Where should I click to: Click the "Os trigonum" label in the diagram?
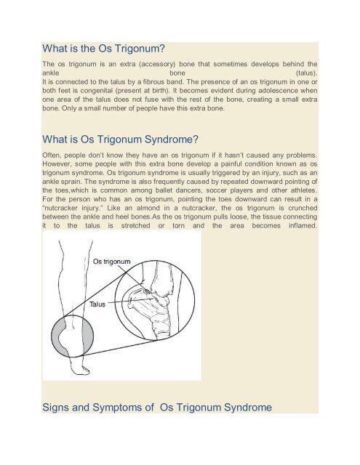point(111,261)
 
